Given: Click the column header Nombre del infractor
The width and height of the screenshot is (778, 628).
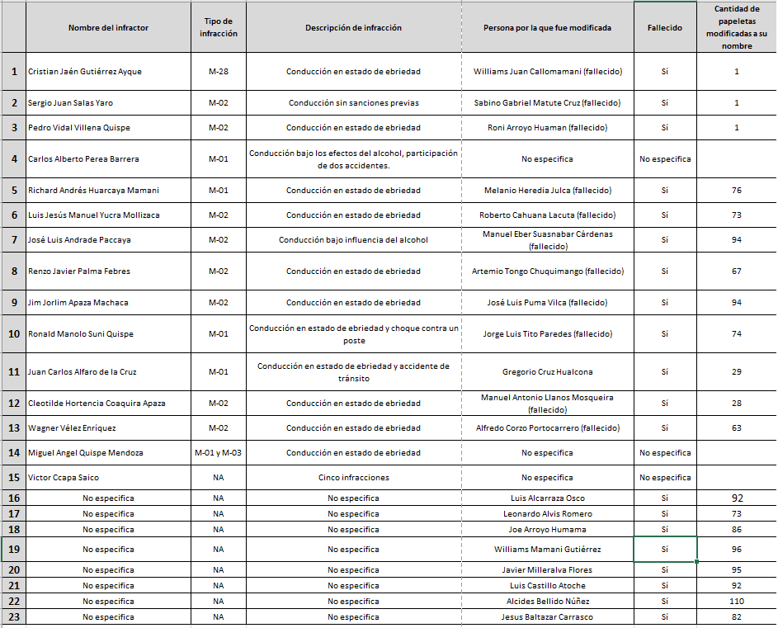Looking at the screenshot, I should [108, 27].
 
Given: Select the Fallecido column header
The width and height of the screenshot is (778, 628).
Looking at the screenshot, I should [664, 27].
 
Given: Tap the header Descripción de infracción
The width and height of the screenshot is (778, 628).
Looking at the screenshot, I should [353, 27].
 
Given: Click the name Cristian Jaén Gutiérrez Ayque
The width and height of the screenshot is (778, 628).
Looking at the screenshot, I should [85, 72].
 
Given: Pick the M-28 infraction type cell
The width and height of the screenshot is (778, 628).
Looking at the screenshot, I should [219, 72].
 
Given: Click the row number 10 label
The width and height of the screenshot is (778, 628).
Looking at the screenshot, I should [13, 334].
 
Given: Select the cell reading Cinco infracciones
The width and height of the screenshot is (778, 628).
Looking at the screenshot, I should [353, 478].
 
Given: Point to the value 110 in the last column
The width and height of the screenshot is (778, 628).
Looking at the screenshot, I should [736, 602].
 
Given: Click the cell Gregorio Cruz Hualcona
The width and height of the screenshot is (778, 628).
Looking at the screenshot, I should [547, 372].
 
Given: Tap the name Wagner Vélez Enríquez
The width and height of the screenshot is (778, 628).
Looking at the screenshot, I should [72, 428].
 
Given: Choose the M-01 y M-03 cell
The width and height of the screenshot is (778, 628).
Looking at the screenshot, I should [219, 453].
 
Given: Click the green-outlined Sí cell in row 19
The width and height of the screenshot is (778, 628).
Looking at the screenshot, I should [664, 550].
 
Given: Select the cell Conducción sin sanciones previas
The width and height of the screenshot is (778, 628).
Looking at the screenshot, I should [353, 103].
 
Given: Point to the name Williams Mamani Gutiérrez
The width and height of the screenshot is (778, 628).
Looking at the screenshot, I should [547, 550].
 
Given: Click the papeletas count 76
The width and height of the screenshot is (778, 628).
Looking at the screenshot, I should [736, 191].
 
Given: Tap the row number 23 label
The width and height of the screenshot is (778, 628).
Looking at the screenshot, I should [13, 617].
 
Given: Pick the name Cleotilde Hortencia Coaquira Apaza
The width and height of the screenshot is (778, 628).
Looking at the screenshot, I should [97, 404].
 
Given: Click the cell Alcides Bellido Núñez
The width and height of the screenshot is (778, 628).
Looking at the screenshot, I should [547, 602].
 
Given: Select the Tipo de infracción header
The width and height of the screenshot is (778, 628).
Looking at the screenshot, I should [219, 27].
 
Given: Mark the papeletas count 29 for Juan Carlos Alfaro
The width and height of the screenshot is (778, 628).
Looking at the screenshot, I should [736, 372].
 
